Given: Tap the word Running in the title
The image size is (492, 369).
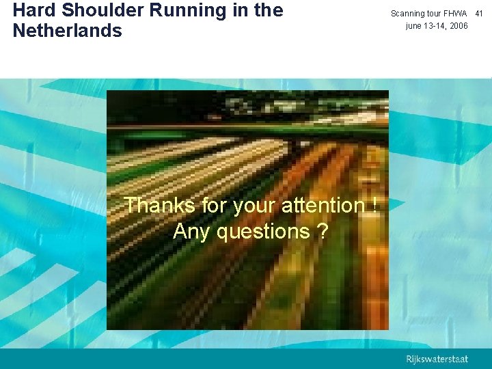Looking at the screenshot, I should [161, 11].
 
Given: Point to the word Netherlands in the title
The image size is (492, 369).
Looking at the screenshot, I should [68, 31].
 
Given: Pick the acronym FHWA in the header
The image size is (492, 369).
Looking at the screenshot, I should [454, 14].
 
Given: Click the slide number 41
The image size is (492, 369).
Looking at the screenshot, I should [479, 14].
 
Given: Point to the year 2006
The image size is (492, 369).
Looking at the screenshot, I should [459, 26].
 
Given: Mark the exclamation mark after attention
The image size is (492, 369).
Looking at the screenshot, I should [375, 205].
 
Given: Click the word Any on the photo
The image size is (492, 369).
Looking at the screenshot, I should [192, 232].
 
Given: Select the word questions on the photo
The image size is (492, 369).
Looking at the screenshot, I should [263, 232].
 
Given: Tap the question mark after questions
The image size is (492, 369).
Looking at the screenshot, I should [322, 232].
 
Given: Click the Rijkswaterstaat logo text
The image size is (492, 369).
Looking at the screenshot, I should [437, 359].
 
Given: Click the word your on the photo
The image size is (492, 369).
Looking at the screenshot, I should [253, 205].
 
